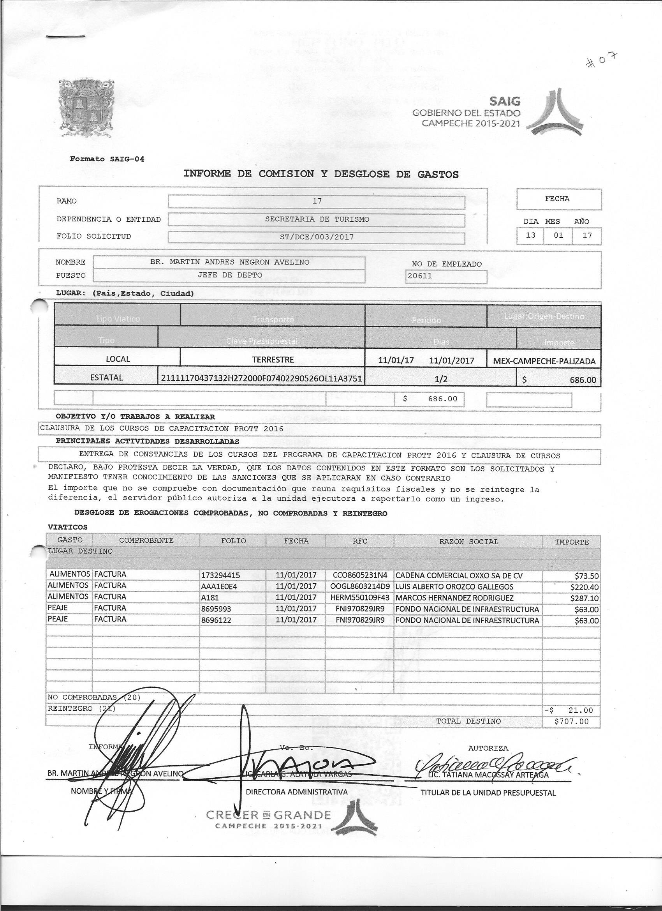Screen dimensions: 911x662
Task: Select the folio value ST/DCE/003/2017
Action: (316, 237)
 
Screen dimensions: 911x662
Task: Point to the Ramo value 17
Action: (317, 201)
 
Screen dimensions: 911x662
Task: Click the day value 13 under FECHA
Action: (530, 235)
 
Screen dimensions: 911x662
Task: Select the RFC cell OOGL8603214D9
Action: (360, 586)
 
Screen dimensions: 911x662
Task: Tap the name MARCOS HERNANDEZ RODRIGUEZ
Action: (454, 598)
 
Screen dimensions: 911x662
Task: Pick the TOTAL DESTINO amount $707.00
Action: (571, 721)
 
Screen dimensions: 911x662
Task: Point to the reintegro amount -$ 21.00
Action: (571, 710)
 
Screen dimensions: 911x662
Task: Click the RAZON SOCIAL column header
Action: (468, 542)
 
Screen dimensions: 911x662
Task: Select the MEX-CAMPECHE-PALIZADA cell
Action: (544, 361)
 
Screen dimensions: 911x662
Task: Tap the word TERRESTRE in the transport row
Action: (273, 360)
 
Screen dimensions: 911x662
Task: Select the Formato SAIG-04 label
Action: (107, 159)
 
